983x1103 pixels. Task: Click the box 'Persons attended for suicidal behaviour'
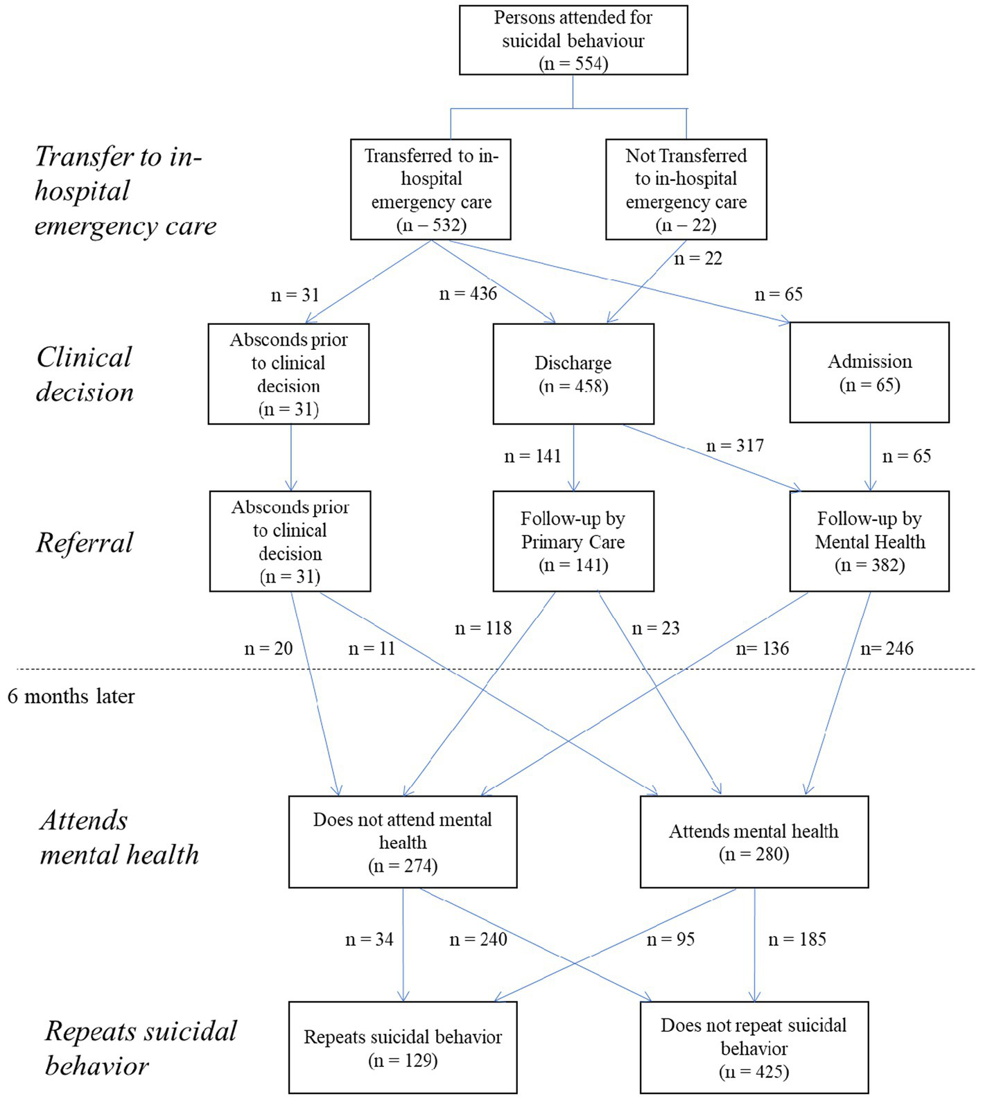pos(573,40)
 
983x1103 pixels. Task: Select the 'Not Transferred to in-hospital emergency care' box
pos(686,189)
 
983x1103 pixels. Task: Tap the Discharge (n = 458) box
pos(573,373)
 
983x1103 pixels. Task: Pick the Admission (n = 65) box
pos(869,373)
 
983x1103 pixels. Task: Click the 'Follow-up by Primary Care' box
pos(573,541)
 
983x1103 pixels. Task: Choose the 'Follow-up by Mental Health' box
pos(869,541)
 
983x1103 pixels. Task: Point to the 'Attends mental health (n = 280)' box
pos(754,842)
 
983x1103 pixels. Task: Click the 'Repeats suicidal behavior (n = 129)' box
pos(403,1048)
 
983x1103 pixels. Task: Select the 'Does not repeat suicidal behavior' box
pos(754,1048)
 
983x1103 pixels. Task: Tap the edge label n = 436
pos(469,294)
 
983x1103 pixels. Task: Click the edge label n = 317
pos(735,445)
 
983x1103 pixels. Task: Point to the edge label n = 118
pos(483,628)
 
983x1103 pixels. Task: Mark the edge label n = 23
pos(655,628)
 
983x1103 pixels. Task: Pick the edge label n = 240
pos(478,939)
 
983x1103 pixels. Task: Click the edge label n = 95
pos(670,939)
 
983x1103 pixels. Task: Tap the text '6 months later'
pos(71,696)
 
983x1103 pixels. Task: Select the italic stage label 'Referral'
pos(85,542)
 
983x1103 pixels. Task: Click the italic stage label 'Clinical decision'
pos(85,374)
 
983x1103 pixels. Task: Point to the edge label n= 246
pos(887,648)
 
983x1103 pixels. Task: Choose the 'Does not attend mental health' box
pos(403,842)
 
